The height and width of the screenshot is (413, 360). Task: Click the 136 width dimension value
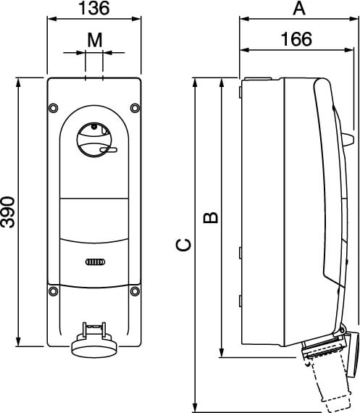point(93,8)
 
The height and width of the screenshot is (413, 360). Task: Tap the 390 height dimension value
point(8,212)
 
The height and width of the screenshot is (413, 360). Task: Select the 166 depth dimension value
point(296,39)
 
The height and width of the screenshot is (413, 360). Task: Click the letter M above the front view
point(95,41)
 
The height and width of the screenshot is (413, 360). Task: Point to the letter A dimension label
point(299,8)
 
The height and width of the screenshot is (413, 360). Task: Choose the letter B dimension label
point(211,217)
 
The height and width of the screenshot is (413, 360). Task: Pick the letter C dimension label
point(183,245)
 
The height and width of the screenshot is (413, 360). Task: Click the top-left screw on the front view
point(54,107)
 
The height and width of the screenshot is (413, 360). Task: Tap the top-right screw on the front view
point(135,107)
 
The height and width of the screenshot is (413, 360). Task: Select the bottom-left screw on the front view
point(54,291)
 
